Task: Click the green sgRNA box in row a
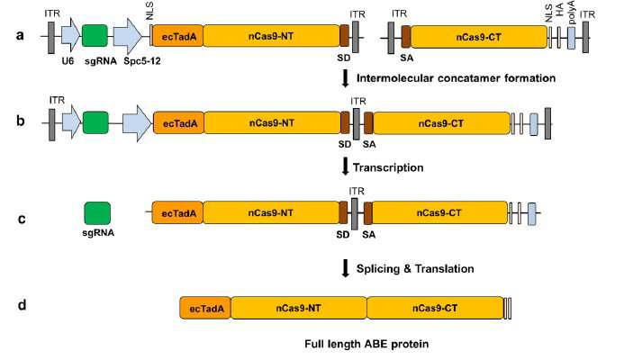tap(95, 36)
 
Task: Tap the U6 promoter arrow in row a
tap(71, 35)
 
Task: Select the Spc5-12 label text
tap(142, 61)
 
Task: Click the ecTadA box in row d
tap(205, 308)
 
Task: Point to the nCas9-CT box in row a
tap(479, 37)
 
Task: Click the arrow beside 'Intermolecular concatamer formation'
tap(346, 78)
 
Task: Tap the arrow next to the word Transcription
tap(346, 166)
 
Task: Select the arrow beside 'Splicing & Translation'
tap(346, 267)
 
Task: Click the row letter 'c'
tap(22, 219)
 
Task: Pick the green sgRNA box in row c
tap(97, 213)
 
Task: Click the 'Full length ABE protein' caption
tap(366, 344)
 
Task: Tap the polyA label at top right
tap(572, 13)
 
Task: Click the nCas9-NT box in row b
tap(272, 123)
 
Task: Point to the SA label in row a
tap(406, 58)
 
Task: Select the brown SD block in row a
tap(344, 36)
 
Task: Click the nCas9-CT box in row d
tap(435, 308)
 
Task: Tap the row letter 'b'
tap(21, 121)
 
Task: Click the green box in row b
tap(95, 122)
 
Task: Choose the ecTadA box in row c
tap(177, 212)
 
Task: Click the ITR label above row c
tap(357, 192)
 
